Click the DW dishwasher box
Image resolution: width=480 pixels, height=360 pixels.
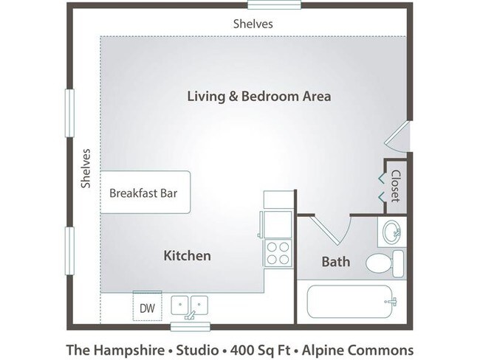point(147,308)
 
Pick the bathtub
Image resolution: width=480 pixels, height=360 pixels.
point(350,302)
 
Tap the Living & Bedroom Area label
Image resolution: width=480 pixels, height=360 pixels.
point(258,96)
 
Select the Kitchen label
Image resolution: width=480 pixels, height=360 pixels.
point(187,256)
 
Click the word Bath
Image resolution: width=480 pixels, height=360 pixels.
point(336,262)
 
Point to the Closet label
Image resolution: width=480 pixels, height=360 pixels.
point(395,186)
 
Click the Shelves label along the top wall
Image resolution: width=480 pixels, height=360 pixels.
point(253,24)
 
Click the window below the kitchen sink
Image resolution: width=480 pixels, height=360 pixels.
point(188,325)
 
